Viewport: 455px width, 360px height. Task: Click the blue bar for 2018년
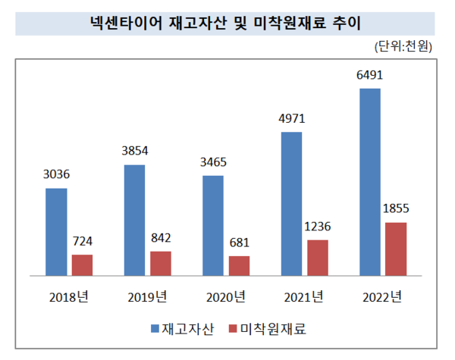(x=56, y=231)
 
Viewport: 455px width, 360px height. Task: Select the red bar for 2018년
(x=82, y=265)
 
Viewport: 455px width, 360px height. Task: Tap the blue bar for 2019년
(x=134, y=220)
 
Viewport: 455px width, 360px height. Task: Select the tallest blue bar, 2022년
(x=370, y=182)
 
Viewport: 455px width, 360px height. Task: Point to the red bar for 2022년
(x=396, y=249)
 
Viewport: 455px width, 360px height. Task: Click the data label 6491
(x=370, y=76)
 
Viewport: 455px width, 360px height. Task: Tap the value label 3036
(x=56, y=175)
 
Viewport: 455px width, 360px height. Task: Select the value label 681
(x=239, y=243)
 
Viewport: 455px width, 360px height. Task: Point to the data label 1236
(x=318, y=227)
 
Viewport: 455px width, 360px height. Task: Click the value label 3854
(x=134, y=152)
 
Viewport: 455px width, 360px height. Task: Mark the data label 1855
(x=396, y=209)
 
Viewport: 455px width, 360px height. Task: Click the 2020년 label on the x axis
(x=226, y=296)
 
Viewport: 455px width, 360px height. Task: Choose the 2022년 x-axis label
(x=382, y=296)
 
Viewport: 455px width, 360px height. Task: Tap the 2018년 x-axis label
(x=69, y=296)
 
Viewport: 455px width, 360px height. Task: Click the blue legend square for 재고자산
(x=155, y=329)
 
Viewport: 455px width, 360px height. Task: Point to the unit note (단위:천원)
(x=404, y=47)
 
